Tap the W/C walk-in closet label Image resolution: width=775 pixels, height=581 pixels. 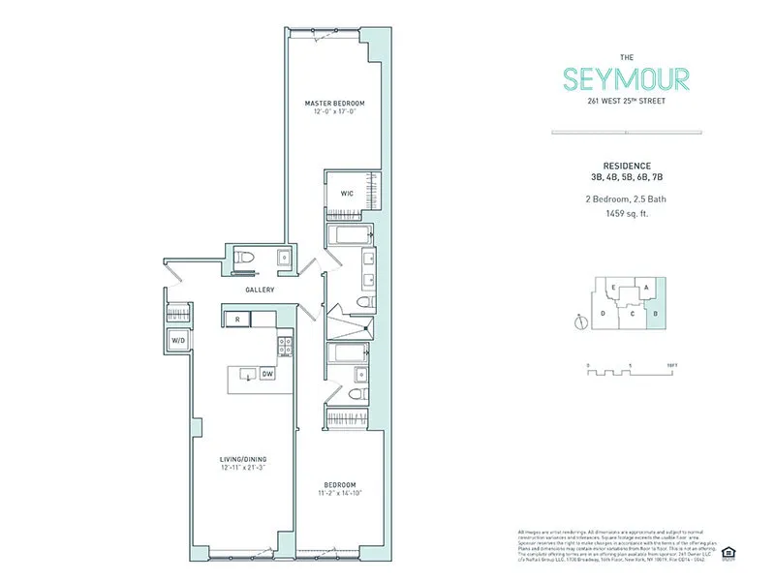(x=346, y=193)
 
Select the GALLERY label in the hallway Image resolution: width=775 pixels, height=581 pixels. (x=260, y=290)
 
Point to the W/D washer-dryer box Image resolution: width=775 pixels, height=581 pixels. (x=178, y=341)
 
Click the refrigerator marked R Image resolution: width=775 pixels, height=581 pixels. (x=236, y=318)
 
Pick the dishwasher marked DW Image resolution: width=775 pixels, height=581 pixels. (x=266, y=375)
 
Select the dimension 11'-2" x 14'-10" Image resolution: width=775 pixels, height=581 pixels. (x=340, y=494)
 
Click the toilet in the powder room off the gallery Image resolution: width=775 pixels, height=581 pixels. (x=245, y=258)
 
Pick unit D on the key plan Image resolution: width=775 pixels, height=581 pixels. (x=603, y=314)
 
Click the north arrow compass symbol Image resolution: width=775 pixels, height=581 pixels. (x=579, y=323)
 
